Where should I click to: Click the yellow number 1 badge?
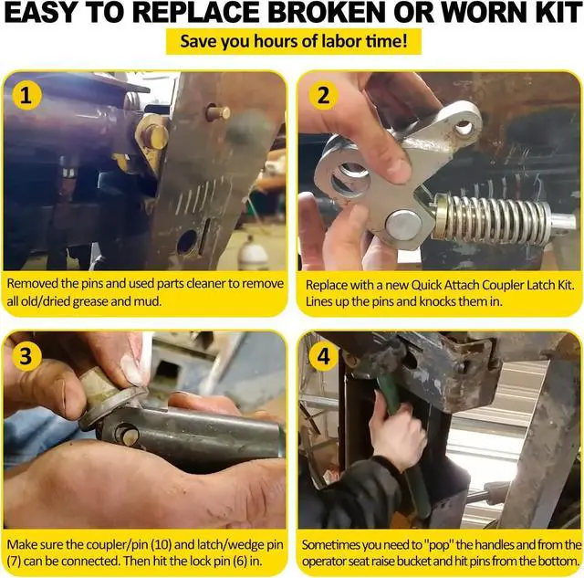(x=26, y=95)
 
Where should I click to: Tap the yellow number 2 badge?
(x=323, y=95)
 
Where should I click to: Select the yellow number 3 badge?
(x=26, y=356)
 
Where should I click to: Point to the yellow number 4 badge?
(x=323, y=356)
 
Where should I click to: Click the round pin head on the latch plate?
(x=403, y=226)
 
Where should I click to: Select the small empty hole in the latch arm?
(x=463, y=128)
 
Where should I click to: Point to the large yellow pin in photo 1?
(x=154, y=135)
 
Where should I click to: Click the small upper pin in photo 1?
(x=219, y=111)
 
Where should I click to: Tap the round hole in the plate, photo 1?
(x=187, y=242)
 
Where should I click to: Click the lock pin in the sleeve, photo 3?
(x=127, y=434)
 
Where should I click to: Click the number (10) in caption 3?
(x=161, y=545)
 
